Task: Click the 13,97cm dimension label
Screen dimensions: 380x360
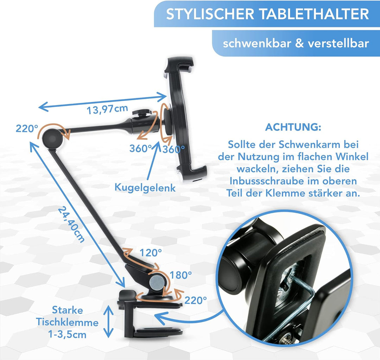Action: click(107, 109)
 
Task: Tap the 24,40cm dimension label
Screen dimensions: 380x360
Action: click(71, 224)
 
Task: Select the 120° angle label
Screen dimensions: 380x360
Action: click(151, 253)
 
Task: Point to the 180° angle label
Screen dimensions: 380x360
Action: click(181, 275)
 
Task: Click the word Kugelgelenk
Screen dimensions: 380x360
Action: click(145, 188)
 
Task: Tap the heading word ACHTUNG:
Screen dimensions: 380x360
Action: click(293, 127)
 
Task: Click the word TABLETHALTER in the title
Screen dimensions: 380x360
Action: click(314, 14)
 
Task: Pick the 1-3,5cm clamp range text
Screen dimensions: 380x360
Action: click(67, 335)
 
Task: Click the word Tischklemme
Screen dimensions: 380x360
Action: click(67, 322)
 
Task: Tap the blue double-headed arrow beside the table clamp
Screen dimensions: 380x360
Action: click(108, 321)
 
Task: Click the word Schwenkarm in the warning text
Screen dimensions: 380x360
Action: click(308, 145)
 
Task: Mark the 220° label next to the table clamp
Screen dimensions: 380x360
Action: click(196, 301)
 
